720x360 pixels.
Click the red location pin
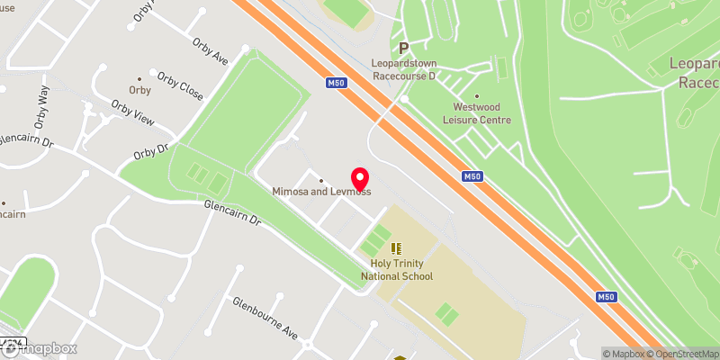pos(360,178)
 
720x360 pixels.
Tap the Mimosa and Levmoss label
pos(321,192)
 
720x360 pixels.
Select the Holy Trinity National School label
pos(402,270)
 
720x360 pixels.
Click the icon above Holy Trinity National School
pos(396,247)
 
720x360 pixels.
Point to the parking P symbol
pos(404,48)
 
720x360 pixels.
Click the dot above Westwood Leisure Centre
pos(476,95)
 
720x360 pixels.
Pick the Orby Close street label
pos(179,85)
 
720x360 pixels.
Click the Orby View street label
pos(131,113)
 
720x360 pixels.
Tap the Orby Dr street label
pos(150,151)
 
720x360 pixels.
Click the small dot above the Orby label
pos(139,78)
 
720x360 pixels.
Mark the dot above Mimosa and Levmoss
pos(321,181)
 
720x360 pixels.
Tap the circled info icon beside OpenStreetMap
pos(713,353)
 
